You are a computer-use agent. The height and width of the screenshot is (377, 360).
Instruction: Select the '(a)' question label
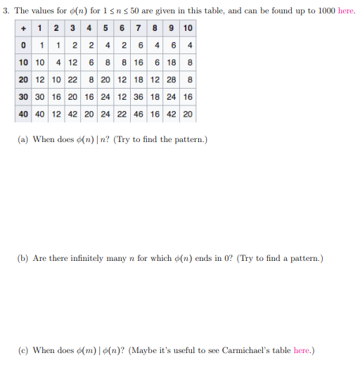[x=22, y=139]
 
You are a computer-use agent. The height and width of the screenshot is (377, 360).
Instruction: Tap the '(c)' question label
[x=22, y=350]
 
